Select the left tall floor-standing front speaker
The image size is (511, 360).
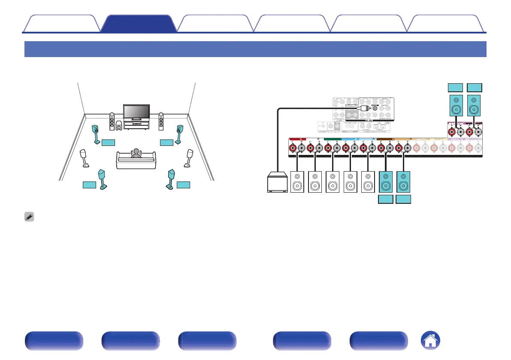pyautogui.click(x=112, y=121)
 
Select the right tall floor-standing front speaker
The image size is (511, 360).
pyautogui.click(x=161, y=121)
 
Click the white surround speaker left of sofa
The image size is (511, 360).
pyautogui.click(x=85, y=158)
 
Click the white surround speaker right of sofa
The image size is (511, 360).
pyautogui.click(x=188, y=158)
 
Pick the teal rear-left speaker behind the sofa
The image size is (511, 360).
pyautogui.click(x=103, y=179)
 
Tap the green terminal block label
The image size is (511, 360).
pyautogui.click(x=332, y=139)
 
